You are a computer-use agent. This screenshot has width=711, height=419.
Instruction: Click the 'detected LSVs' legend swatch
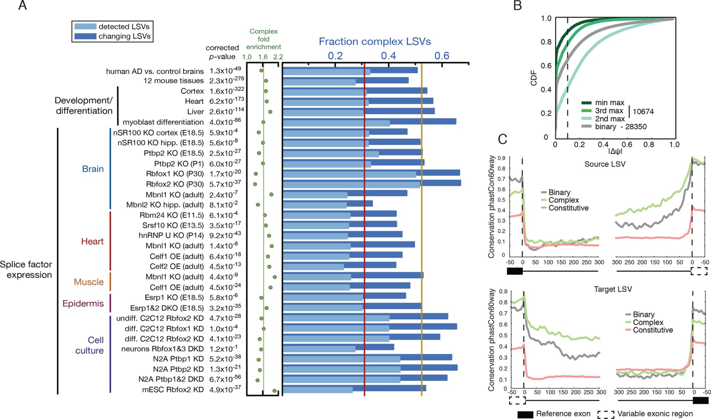[x=85, y=27]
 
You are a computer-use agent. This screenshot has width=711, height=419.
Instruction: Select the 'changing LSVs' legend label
[x=125, y=36]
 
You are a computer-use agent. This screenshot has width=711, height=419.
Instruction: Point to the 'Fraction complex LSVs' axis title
[x=375, y=41]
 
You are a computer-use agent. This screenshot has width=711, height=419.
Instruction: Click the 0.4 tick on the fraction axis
[x=389, y=56]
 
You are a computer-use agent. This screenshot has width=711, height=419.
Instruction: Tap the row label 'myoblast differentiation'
[x=163, y=122]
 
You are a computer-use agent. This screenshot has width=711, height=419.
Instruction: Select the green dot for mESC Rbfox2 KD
[x=274, y=391]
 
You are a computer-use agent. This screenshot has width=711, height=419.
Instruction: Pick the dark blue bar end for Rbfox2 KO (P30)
[x=460, y=183]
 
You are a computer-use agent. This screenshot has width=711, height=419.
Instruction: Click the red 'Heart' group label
[x=92, y=241]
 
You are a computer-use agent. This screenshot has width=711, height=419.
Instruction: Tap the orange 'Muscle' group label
[x=88, y=282]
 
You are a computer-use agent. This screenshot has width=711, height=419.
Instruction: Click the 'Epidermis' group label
[x=83, y=304]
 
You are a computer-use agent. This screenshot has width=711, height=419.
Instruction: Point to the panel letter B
[x=517, y=6]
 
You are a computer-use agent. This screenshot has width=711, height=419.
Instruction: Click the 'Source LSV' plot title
[x=605, y=164]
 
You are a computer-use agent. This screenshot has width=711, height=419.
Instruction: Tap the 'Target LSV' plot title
[x=613, y=289]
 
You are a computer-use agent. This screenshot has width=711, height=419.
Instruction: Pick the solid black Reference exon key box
[x=525, y=413]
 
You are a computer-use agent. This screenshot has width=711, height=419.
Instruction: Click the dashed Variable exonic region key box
[x=605, y=413]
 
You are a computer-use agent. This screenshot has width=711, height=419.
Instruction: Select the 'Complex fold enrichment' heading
[x=263, y=39]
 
